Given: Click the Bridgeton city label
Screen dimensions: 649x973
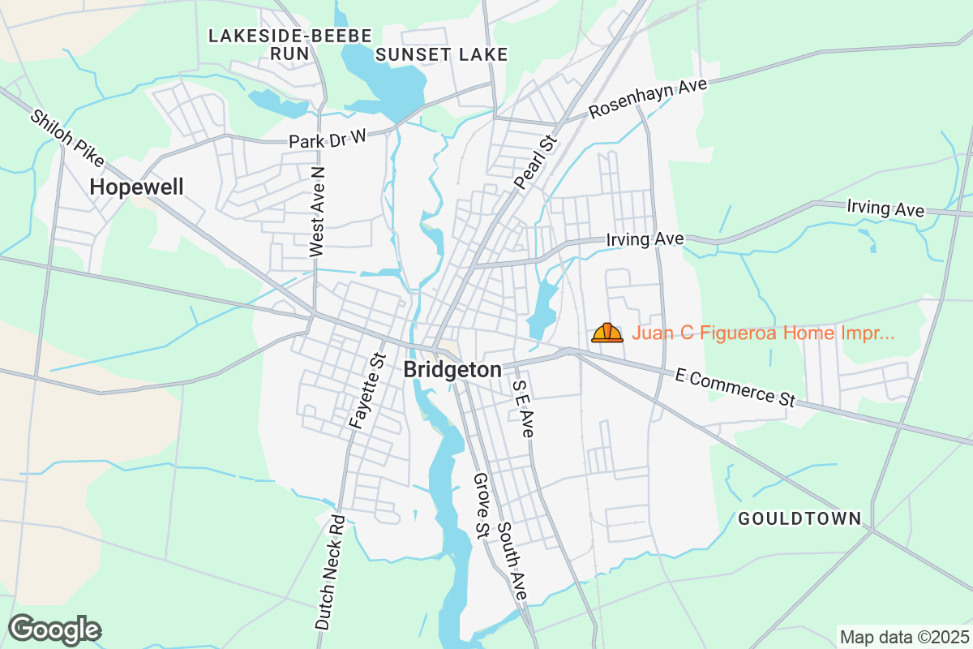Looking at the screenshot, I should pyautogui.click(x=452, y=370).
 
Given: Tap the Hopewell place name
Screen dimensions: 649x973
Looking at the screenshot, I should pyautogui.click(x=136, y=187).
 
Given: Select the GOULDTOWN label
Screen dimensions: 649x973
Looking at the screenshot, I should pyautogui.click(x=799, y=519).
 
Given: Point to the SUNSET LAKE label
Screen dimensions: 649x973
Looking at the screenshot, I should pyautogui.click(x=442, y=54).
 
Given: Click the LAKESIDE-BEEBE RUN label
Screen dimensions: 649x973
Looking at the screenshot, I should pyautogui.click(x=290, y=45).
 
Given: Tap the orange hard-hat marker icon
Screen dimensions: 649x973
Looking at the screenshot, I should pyautogui.click(x=607, y=333).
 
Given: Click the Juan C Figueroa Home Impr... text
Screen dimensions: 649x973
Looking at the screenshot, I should pyautogui.click(x=763, y=333).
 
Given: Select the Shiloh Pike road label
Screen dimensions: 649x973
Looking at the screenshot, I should pyautogui.click(x=62, y=133).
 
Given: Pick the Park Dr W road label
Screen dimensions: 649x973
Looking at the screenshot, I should pyautogui.click(x=328, y=139).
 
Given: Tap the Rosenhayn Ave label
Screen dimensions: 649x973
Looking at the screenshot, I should pyautogui.click(x=649, y=99).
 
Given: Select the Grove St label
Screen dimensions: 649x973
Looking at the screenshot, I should pyautogui.click(x=481, y=505).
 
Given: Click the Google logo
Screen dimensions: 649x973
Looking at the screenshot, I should pyautogui.click(x=54, y=630).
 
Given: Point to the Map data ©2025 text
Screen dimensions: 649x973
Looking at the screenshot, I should pyautogui.click(x=904, y=637).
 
